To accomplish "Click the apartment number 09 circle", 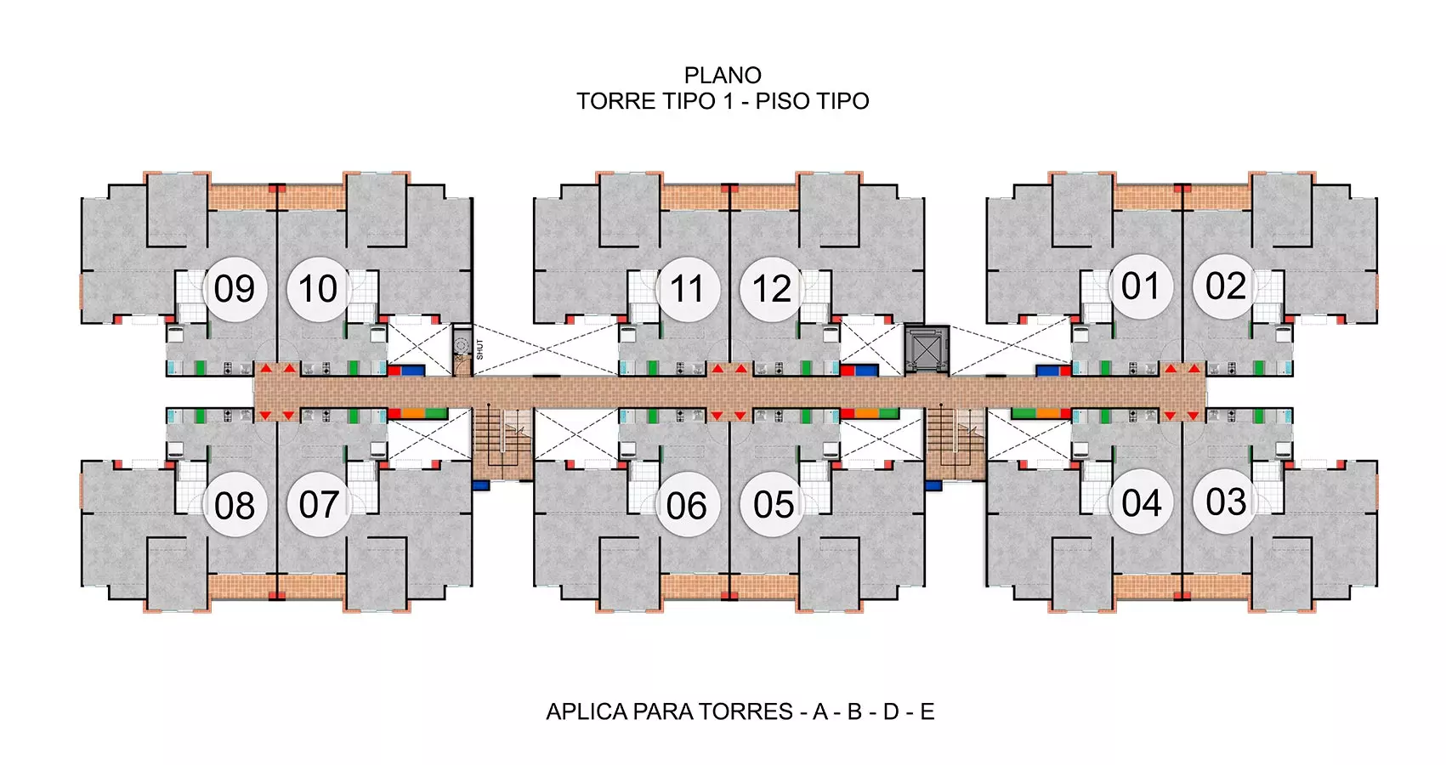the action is [235, 288].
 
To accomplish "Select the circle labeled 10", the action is [319, 288].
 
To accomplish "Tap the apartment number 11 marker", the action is [688, 288].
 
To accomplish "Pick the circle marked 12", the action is [772, 288].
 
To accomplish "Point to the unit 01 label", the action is [1141, 286].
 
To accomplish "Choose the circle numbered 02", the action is [1225, 286].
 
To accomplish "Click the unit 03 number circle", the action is [1225, 501].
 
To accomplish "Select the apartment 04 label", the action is [1141, 502].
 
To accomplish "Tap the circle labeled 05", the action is [772, 504].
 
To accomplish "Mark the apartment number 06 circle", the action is [688, 504].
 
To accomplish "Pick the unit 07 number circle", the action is [319, 504].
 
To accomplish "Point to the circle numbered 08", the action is [235, 505].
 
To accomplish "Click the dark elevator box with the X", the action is [927, 349].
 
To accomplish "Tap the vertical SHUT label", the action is [479, 349].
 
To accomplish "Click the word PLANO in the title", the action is [723, 76].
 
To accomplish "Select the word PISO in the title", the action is [780, 101].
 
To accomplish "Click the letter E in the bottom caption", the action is [927, 711].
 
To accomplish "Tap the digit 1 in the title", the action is [729, 101].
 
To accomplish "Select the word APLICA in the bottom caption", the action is [587, 711].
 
